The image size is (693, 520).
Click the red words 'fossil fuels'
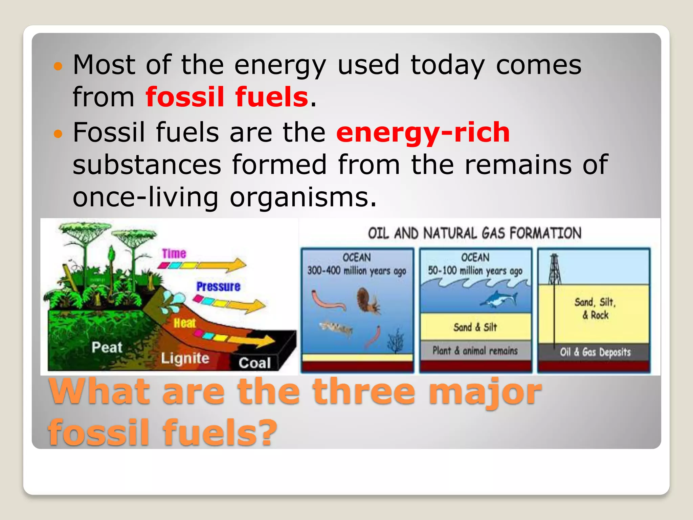(x=227, y=97)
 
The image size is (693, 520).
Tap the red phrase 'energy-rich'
(x=423, y=132)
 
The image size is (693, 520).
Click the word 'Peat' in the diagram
(x=107, y=347)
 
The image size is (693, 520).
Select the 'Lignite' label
(x=185, y=358)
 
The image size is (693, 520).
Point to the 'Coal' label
(x=254, y=363)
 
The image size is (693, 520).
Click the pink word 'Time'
(x=174, y=254)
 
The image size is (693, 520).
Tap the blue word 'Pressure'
(x=218, y=287)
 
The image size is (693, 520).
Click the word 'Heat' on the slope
(x=184, y=323)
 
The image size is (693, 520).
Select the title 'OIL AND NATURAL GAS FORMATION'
(x=474, y=233)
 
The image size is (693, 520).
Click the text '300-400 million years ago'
(x=357, y=271)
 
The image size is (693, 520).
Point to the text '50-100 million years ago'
(x=475, y=271)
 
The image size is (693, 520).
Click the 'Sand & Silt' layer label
(x=475, y=327)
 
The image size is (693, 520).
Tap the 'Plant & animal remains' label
(x=475, y=351)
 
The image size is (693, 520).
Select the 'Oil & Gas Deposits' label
(x=595, y=352)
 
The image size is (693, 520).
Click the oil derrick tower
(x=554, y=269)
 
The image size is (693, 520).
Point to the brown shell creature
(x=367, y=300)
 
